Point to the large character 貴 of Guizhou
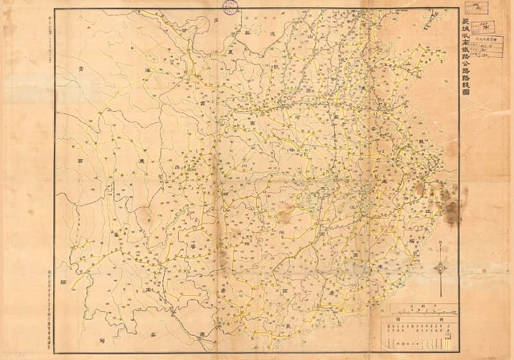[x=190, y=245]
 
